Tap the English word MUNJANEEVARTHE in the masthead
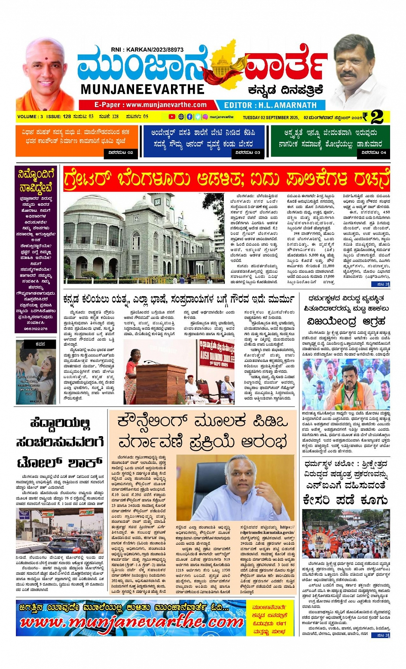(x=142, y=89)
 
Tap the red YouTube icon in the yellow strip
(x=172, y=117)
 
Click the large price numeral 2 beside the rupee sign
(x=377, y=117)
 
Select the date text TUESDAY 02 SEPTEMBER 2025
(x=271, y=117)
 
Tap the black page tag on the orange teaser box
(x=121, y=153)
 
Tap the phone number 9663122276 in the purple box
(x=36, y=329)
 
